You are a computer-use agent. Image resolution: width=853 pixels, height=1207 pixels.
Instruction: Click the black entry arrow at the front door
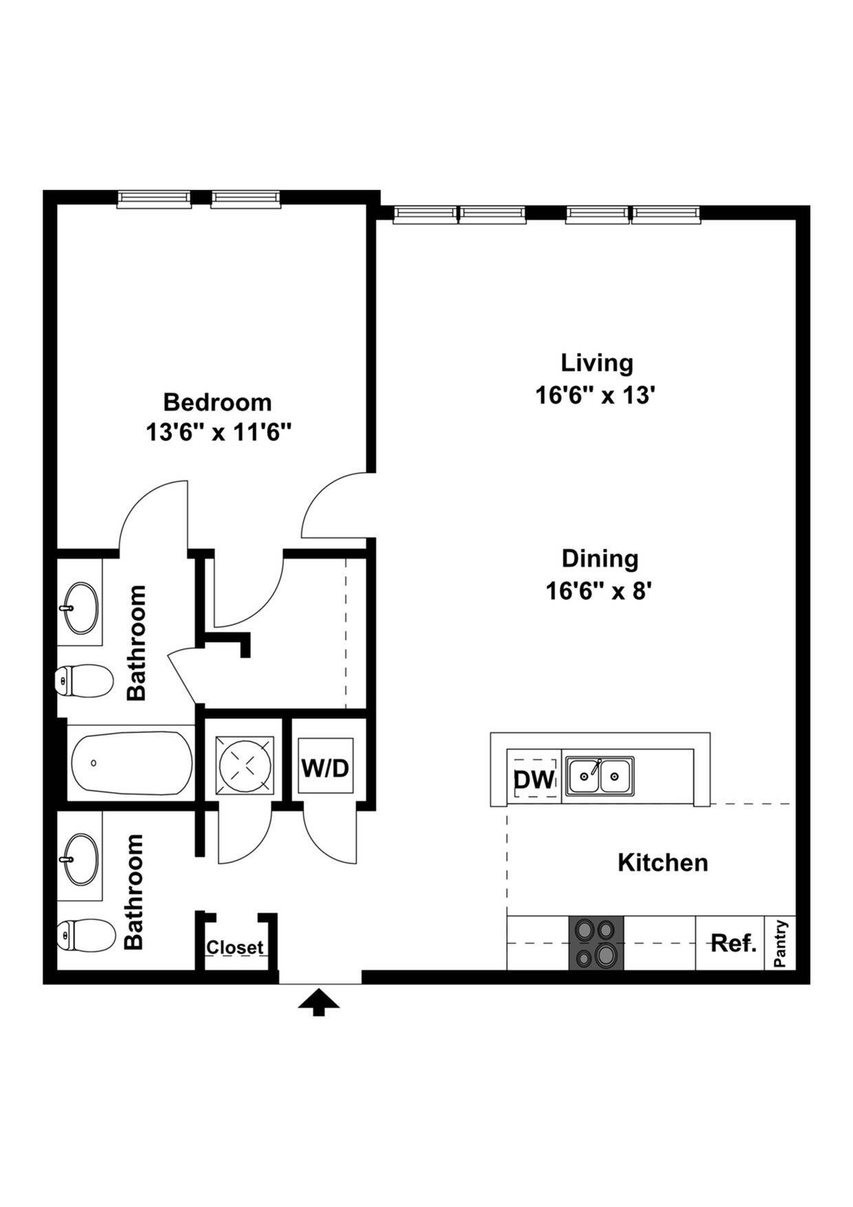[318, 1003]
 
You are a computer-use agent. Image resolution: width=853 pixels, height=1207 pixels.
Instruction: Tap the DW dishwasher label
[534, 780]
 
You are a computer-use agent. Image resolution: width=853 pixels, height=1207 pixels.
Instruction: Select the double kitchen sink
[599, 776]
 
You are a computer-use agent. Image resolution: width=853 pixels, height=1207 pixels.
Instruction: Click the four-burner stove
[596, 943]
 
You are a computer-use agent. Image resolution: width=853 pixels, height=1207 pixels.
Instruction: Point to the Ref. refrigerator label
[733, 943]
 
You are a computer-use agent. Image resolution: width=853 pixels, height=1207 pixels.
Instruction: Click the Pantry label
[780, 943]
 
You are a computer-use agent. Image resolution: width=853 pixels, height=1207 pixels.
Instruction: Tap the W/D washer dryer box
[325, 768]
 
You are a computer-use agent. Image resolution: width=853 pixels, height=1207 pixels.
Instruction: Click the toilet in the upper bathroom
[83, 681]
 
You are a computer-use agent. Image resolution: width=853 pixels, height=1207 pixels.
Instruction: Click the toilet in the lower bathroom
[85, 936]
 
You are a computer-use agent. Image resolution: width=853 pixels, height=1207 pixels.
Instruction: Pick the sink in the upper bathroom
[81, 608]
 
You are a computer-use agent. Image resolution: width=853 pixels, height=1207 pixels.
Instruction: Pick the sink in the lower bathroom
[81, 859]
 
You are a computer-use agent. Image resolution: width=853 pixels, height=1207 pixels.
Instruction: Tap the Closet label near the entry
[235, 948]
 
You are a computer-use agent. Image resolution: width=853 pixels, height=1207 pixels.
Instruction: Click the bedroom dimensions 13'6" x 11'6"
[218, 433]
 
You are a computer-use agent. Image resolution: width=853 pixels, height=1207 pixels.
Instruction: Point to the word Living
[596, 363]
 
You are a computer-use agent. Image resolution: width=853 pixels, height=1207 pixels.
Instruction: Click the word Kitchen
[662, 862]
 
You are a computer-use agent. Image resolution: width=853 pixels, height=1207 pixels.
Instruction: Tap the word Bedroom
[217, 401]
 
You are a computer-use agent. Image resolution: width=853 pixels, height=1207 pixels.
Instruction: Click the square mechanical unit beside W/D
[245, 765]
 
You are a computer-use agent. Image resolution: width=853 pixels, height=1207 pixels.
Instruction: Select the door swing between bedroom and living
[336, 506]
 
